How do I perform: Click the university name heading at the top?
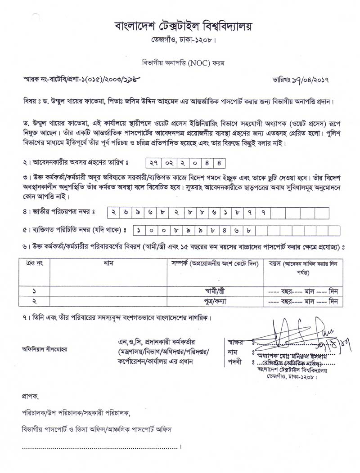point(183,26)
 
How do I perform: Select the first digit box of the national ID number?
point(112,211)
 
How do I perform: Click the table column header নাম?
point(108,263)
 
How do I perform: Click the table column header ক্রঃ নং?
point(34,263)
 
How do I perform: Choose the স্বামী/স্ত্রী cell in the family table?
point(215,291)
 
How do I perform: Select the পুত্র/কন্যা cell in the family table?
point(215,302)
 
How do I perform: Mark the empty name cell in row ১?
point(108,291)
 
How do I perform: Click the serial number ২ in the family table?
point(34,302)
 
